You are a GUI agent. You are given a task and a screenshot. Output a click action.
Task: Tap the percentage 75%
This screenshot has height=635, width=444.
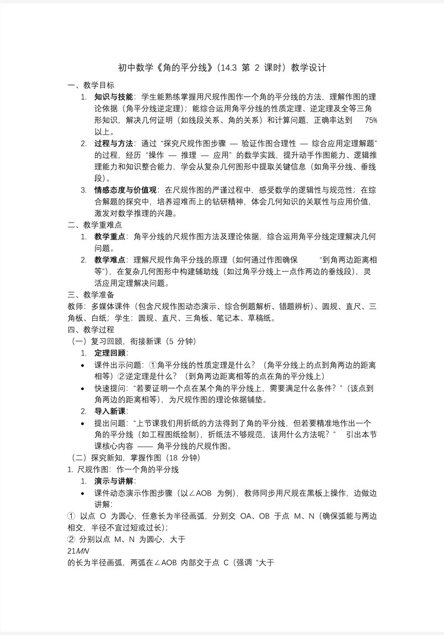[371, 120]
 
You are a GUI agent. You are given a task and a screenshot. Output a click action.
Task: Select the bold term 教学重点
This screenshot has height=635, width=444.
[110, 236]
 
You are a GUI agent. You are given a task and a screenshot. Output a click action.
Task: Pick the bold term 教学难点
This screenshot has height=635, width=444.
[110, 260]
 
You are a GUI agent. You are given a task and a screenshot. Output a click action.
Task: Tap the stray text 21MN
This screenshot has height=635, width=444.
[77, 551]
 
